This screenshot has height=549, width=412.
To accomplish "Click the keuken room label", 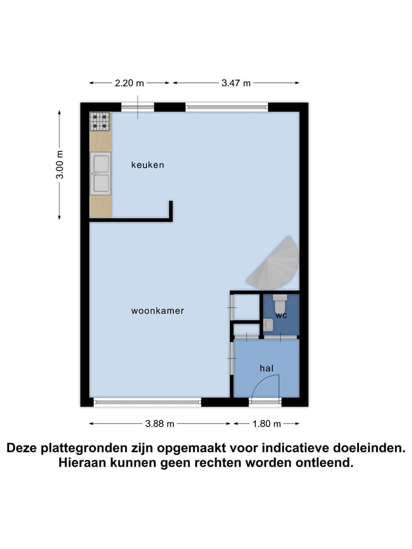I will pos(148,165).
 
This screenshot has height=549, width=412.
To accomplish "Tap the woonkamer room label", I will pos(157,311).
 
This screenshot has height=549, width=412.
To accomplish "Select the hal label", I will pos(266,369).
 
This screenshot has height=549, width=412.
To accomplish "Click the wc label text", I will pos(281,315).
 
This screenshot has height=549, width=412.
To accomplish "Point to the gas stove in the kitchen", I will pos(100,122).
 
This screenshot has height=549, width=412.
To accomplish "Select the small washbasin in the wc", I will pos(268,325).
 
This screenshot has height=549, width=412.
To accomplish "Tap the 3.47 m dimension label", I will pos(236,83).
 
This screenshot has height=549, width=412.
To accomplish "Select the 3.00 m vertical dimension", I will pos(60,165).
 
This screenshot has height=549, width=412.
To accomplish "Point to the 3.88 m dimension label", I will pos(160,424).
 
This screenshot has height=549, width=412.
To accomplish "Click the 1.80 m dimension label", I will pos(267,424).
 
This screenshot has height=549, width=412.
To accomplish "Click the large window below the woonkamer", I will pos(148,402).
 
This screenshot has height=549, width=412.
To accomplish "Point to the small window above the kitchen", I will pos(138,107).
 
